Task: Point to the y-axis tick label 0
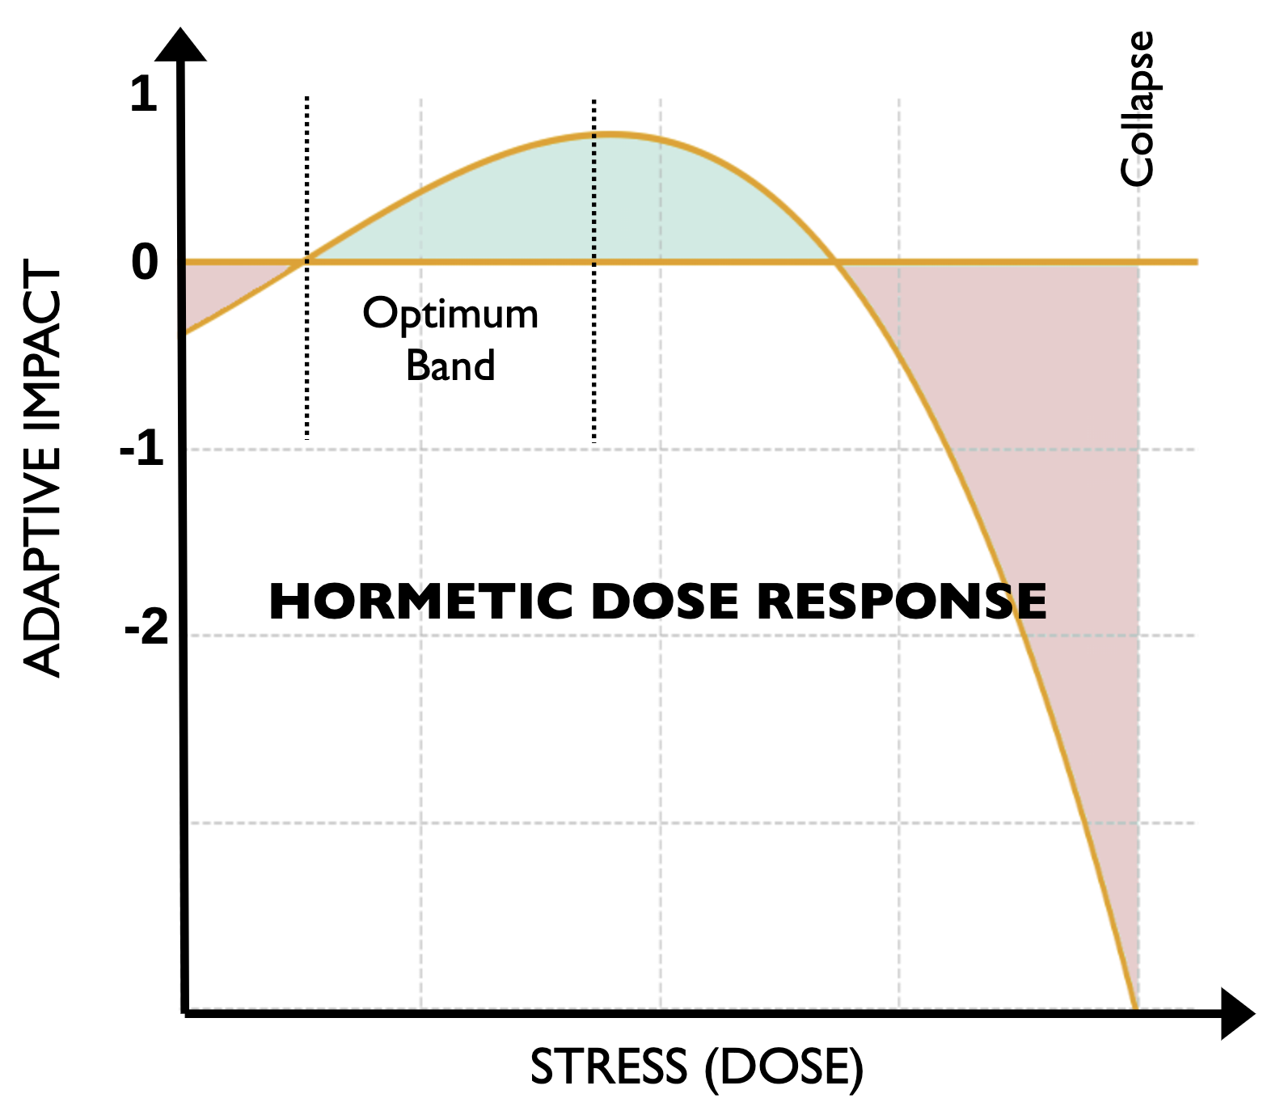click(145, 262)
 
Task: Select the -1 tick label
click(142, 448)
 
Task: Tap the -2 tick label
click(146, 627)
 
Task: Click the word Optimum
click(450, 315)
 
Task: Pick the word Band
click(450, 365)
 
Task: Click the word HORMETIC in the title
click(421, 602)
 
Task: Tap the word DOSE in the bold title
click(665, 602)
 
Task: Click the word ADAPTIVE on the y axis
click(43, 566)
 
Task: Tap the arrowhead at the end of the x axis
click(1236, 1013)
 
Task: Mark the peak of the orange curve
click(612, 133)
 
